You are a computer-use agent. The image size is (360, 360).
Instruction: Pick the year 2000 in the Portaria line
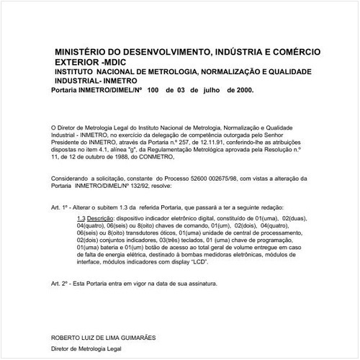(x=243, y=92)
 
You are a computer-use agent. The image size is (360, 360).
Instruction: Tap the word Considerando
(x=71, y=177)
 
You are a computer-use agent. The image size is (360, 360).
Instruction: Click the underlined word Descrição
(x=101, y=217)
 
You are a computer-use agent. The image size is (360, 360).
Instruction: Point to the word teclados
(x=188, y=242)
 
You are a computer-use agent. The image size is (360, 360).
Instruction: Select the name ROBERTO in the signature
(x=66, y=337)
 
